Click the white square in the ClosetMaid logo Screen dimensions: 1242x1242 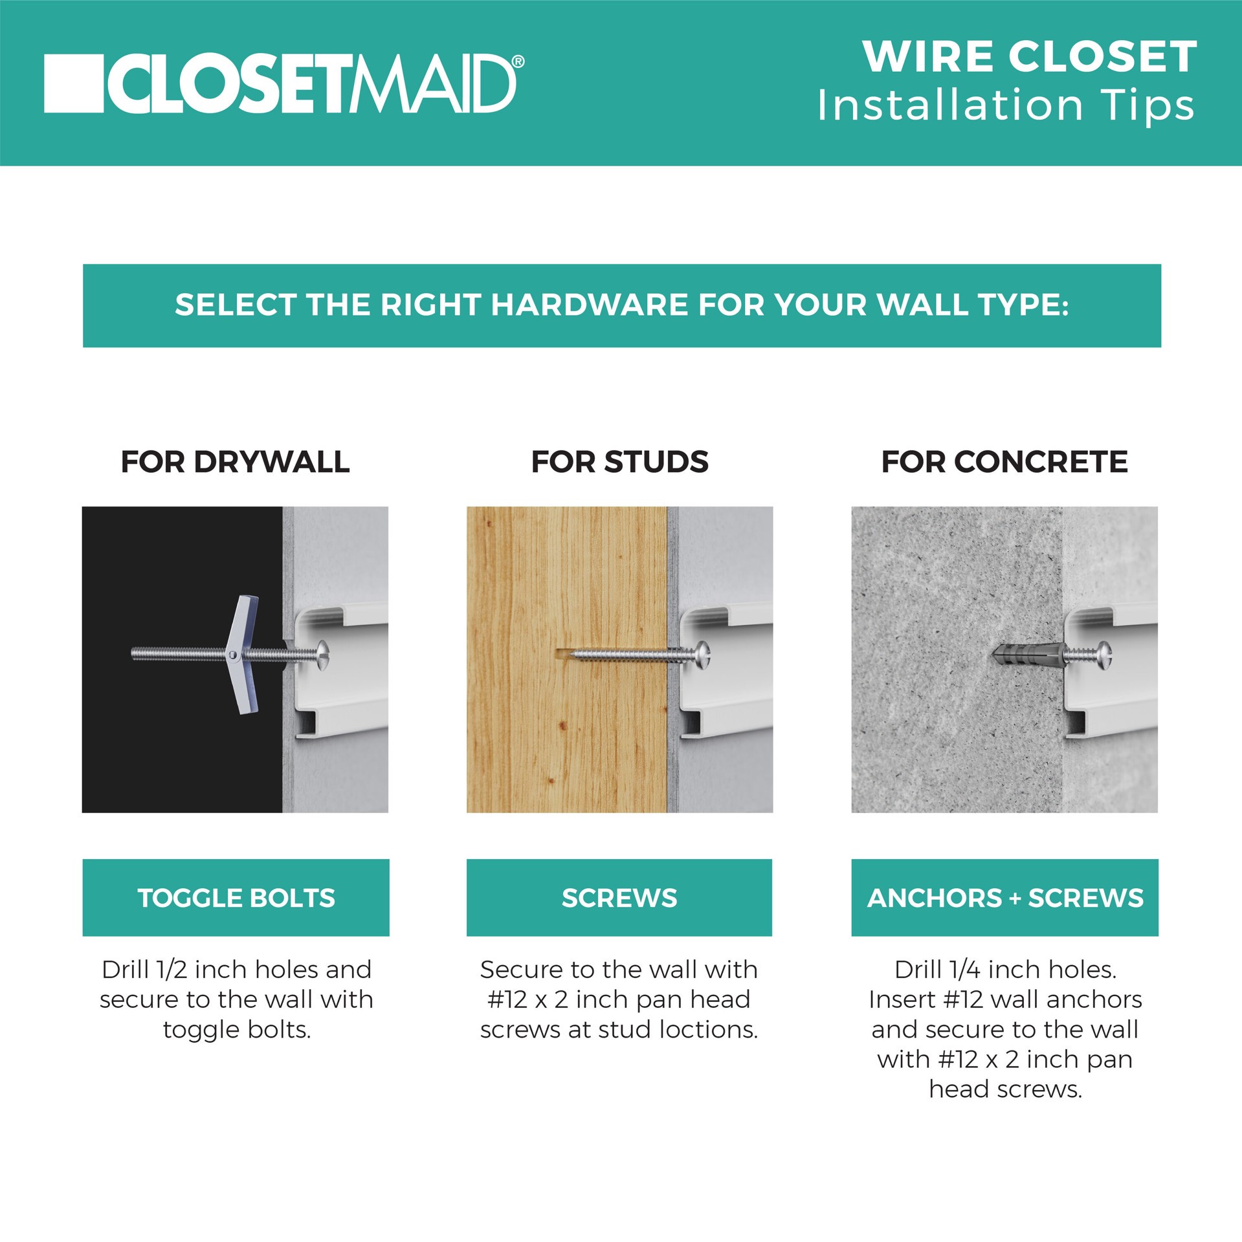tap(73, 83)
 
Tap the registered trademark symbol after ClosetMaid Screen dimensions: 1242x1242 tap(518, 61)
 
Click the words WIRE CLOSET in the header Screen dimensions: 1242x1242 tap(1030, 57)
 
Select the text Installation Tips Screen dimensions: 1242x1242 tap(1006, 105)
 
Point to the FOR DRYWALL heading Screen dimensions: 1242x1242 tap(235, 462)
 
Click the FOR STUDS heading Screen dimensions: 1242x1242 tap(619, 462)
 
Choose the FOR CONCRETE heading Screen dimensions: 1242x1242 tap(1004, 462)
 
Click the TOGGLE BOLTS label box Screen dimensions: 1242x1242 tap(236, 897)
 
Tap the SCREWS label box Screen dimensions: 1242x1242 tap(619, 897)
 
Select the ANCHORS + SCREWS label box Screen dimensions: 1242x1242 tap(1004, 897)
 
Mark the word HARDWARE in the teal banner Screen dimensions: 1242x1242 tap(588, 305)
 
